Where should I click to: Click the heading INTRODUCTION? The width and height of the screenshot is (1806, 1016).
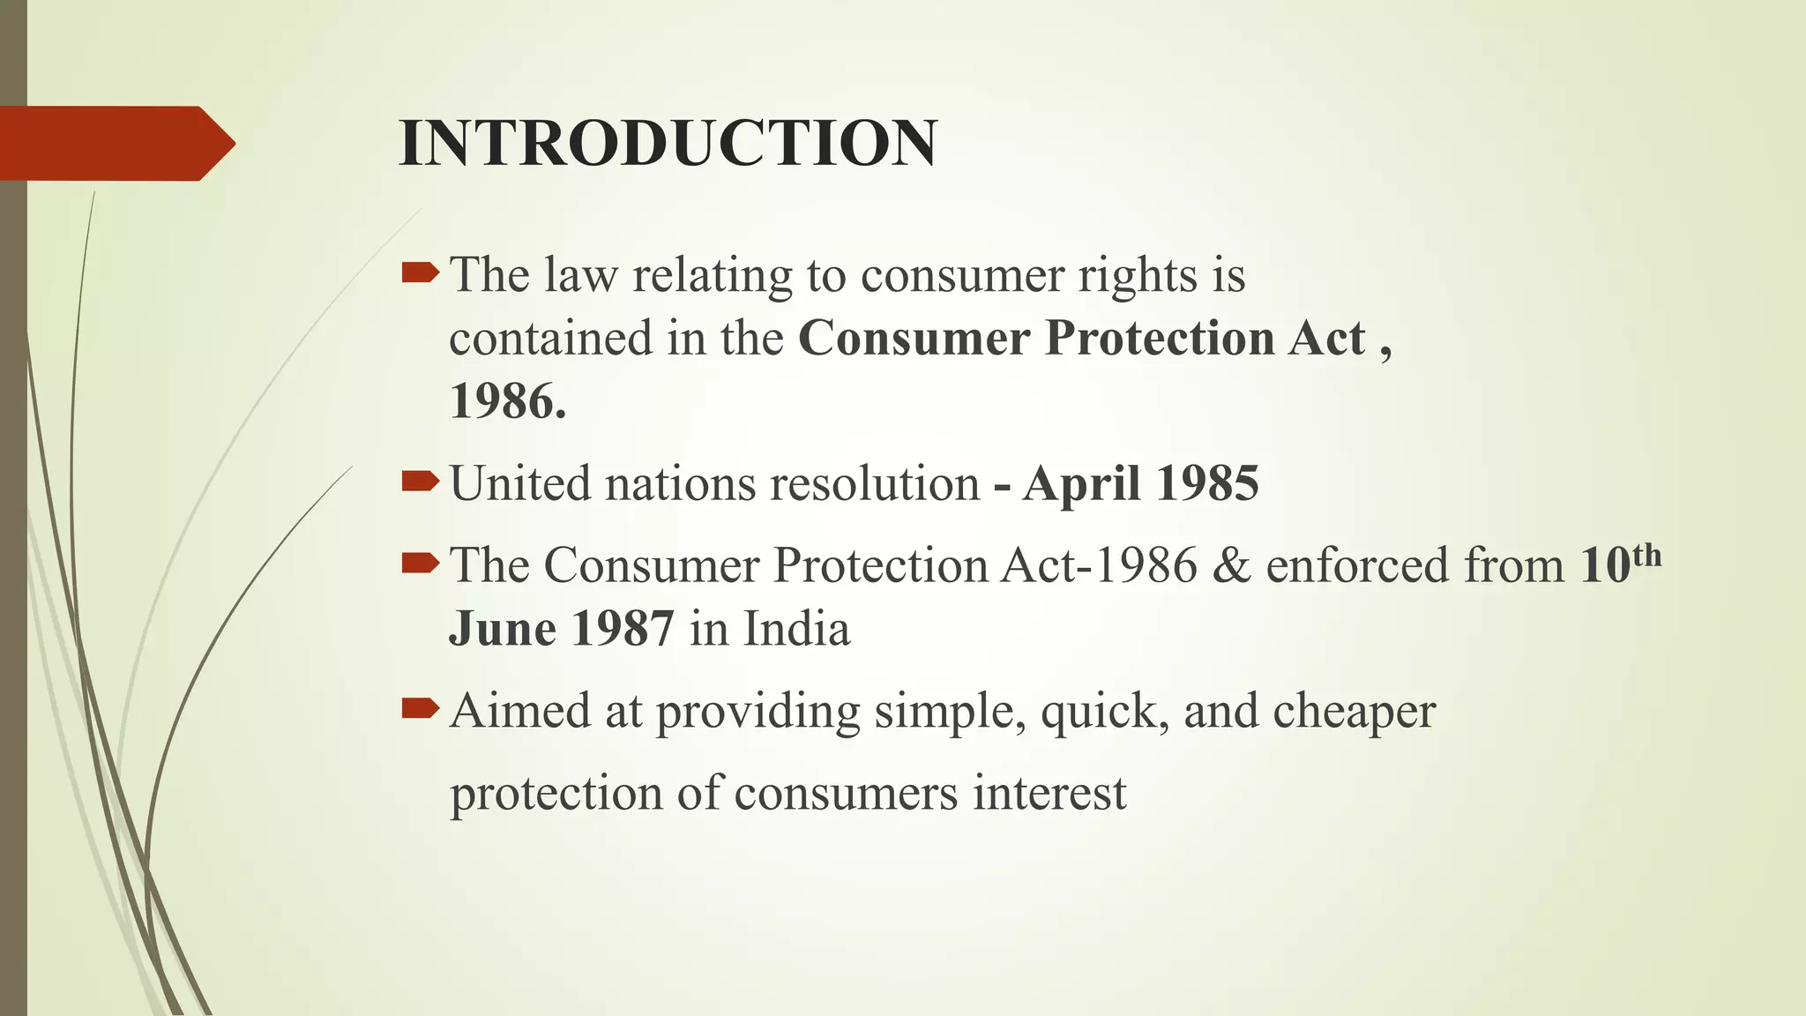[x=668, y=143]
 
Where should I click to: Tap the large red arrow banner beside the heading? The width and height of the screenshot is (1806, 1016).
[x=115, y=143]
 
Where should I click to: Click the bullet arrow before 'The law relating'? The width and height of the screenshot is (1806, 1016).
[x=420, y=273]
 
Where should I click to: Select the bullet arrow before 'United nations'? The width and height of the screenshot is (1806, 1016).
[x=420, y=482]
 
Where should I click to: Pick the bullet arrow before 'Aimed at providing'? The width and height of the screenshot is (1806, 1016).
[x=420, y=708]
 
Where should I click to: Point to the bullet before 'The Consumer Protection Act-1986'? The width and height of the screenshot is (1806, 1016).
[x=420, y=563]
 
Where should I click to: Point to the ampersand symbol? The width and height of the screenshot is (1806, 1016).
[x=1231, y=565]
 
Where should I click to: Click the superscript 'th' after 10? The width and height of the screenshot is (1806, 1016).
[x=1646, y=557]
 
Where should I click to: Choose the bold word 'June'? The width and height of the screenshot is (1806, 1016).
[x=503, y=630]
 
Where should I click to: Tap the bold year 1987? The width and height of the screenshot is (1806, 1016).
[x=623, y=630]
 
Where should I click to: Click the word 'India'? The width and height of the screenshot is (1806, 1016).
[x=796, y=630]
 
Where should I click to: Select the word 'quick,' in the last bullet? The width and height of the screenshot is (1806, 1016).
[x=1105, y=711]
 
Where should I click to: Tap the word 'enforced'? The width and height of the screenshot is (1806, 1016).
[x=1358, y=565]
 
